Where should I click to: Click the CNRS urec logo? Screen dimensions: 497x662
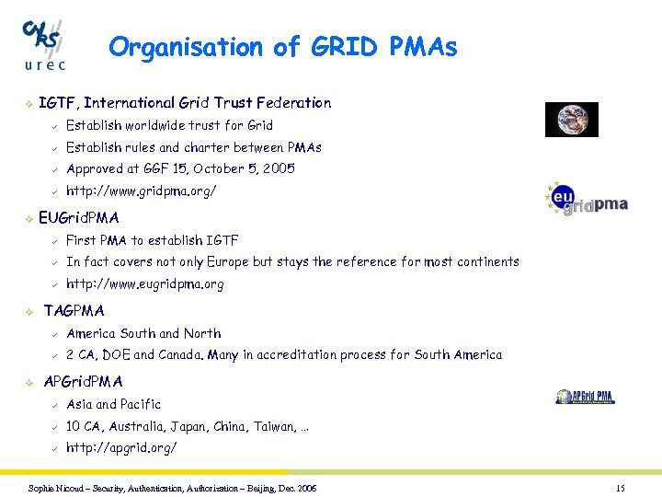[44, 43]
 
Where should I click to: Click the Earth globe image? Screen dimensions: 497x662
[571, 120]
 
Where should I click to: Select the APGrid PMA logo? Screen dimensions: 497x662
[585, 397]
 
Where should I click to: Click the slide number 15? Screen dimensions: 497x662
[620, 488]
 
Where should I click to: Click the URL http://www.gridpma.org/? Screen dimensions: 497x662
[142, 191]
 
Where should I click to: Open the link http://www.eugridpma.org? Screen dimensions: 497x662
[144, 284]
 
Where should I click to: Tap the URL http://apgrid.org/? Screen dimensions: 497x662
[120, 448]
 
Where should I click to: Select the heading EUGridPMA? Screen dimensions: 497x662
[79, 218]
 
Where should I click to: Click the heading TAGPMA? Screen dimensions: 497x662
[74, 311]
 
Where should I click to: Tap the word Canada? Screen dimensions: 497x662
[181, 355]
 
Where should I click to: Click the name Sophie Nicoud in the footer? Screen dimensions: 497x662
[56, 488]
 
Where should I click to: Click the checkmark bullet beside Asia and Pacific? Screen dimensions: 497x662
[53, 405]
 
